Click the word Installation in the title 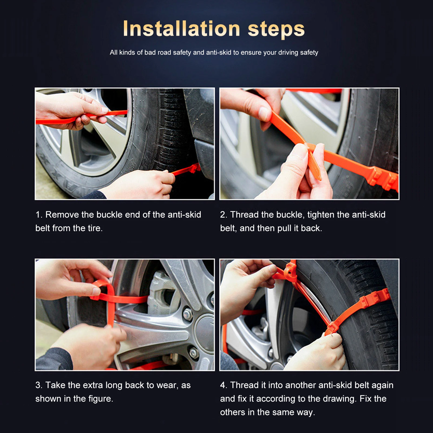coord(182,29)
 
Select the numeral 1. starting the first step coord(39,215)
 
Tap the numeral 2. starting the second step coord(224,215)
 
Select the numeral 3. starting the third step coord(39,385)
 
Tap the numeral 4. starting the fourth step coord(224,385)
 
